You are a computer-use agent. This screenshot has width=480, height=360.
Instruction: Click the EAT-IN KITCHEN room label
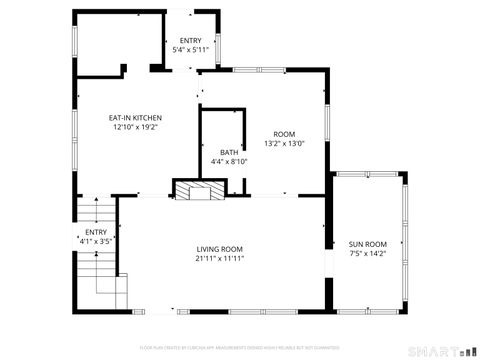point(135,118)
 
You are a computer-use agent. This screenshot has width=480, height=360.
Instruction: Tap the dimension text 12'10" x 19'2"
point(135,128)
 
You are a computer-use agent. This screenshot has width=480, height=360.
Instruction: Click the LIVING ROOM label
point(219,249)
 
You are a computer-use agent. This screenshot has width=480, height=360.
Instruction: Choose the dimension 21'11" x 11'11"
point(219,259)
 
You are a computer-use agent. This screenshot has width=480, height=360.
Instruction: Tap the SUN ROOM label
point(367,244)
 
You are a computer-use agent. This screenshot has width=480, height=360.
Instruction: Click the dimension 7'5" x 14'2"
point(367,254)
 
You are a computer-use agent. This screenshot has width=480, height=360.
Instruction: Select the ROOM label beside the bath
point(285,134)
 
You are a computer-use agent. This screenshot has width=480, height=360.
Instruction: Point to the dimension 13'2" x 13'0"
point(285,144)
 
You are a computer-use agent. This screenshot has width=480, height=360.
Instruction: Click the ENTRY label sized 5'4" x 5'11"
point(190,40)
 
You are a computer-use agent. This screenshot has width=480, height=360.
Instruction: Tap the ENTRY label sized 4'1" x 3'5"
point(95,232)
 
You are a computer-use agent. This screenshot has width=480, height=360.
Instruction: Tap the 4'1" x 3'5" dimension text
point(95,241)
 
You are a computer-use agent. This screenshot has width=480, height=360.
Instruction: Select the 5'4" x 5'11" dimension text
point(190,49)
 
